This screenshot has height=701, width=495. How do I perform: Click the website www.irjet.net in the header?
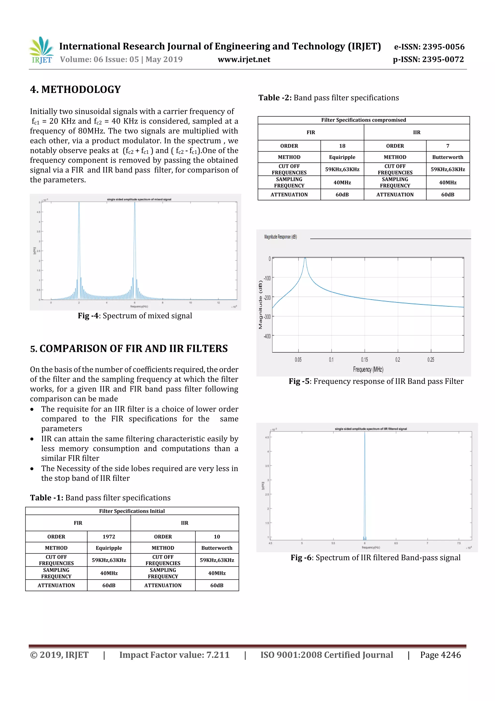(244, 60)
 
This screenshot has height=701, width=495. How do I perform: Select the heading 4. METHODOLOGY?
(75, 90)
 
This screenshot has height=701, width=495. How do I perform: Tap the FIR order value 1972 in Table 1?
(109, 536)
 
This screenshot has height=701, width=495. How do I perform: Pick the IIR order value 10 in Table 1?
(217, 536)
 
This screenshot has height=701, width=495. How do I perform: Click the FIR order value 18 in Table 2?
(342, 146)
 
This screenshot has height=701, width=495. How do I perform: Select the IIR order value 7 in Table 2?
(447, 146)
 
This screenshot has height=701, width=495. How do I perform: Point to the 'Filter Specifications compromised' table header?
(363, 120)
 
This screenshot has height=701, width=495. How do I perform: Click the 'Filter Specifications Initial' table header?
(132, 511)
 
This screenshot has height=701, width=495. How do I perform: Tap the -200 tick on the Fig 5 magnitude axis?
(267, 297)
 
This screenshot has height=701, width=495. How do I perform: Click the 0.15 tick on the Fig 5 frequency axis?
(364, 360)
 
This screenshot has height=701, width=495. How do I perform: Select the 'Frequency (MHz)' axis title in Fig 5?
(368, 369)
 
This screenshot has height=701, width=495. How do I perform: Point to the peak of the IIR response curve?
(305, 259)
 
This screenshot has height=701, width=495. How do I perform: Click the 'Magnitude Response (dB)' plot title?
(280, 237)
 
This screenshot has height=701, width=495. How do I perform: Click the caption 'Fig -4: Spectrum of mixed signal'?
(135, 316)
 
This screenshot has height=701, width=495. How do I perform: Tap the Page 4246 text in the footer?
(440, 655)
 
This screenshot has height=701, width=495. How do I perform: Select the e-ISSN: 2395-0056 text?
(429, 47)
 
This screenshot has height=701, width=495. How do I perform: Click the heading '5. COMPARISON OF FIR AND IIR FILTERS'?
(129, 348)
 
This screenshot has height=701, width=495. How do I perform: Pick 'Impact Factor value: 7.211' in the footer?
(174, 655)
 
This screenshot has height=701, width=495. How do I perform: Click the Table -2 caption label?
(275, 98)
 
